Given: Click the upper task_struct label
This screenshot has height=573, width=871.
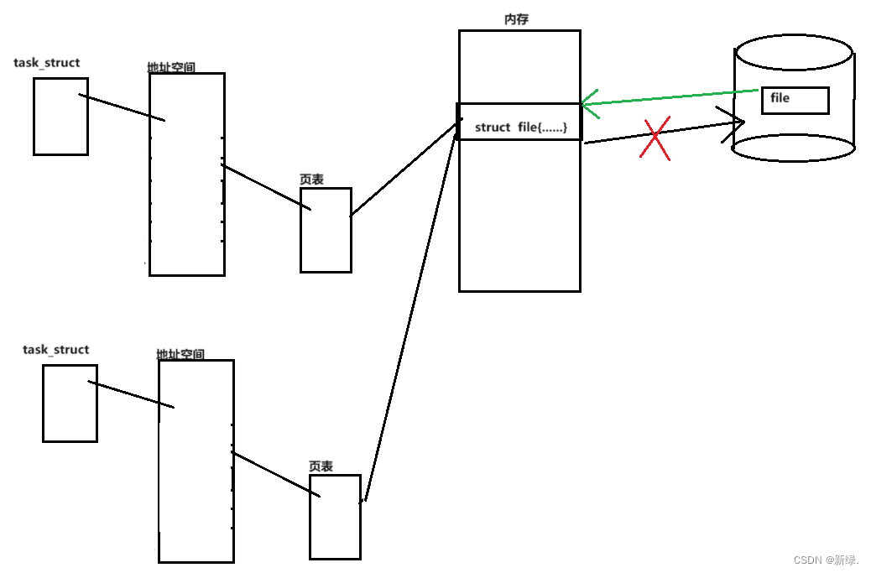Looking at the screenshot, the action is pos(47,63).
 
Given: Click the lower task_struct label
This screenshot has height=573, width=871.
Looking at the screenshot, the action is pos(56,350).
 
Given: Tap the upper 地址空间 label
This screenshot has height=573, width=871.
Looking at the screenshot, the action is pos(171,67).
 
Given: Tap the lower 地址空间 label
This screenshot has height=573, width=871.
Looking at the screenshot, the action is pos(180,354).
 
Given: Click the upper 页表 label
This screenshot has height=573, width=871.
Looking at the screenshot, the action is pos(311,180).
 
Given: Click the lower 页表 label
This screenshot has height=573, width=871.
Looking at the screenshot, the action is pos(321,466).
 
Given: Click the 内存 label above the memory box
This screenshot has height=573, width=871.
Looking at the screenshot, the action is pos(517,19).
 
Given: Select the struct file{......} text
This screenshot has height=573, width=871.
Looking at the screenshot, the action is pos(521,128).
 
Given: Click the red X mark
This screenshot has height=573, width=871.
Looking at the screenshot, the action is pos(655,138).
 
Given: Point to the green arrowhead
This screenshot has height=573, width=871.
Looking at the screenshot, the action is pos(589,104).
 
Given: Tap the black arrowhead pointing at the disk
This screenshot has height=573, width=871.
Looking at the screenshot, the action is pos(734,123).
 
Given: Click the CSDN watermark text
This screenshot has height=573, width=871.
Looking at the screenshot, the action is pos(826,560).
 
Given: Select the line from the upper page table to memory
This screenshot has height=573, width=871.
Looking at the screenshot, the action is pos(404,169).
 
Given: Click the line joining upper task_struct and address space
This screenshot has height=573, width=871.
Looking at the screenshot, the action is pos(122,107).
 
